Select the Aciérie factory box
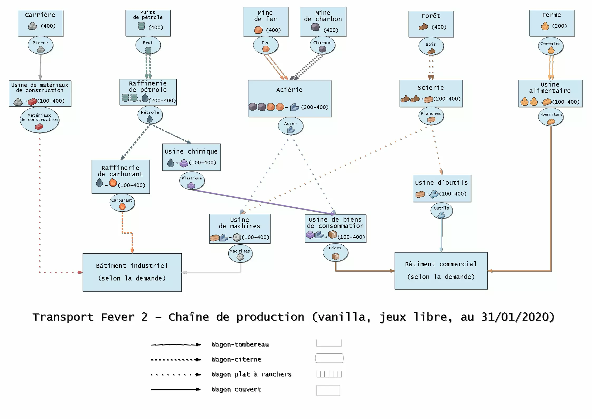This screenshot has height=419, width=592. [x=290, y=98]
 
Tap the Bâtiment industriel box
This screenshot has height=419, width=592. [x=132, y=272]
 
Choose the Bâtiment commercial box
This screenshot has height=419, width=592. [x=441, y=271]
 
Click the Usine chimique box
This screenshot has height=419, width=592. [x=191, y=157]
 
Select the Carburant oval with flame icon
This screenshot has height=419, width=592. [x=122, y=203]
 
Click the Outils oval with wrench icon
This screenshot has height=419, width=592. [x=441, y=211]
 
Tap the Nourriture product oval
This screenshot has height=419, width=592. [x=551, y=117]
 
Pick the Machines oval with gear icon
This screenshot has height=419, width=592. [x=240, y=254]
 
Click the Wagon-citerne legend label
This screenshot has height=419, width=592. [x=236, y=359]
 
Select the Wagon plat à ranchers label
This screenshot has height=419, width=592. [x=251, y=374]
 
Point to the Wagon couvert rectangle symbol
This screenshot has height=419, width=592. [x=328, y=390]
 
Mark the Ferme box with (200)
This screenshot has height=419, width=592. [x=552, y=23]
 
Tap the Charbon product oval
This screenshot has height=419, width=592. [x=322, y=46]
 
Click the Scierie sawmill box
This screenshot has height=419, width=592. [x=431, y=93]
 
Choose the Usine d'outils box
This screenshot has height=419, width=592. [x=442, y=188]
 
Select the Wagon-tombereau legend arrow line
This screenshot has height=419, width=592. [x=175, y=345]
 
